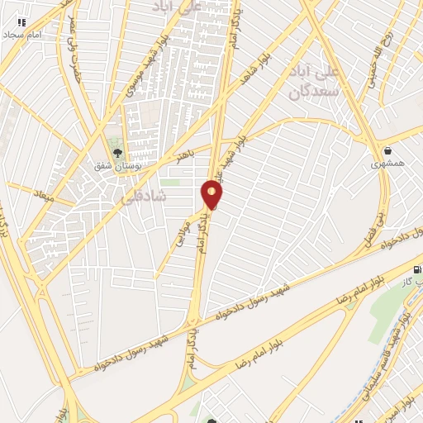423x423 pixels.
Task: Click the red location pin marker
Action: (x=211, y=194)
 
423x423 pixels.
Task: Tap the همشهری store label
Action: (x=388, y=165)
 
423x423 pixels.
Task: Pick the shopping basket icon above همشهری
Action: (x=387, y=150)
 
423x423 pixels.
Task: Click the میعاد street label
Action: (x=41, y=196)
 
